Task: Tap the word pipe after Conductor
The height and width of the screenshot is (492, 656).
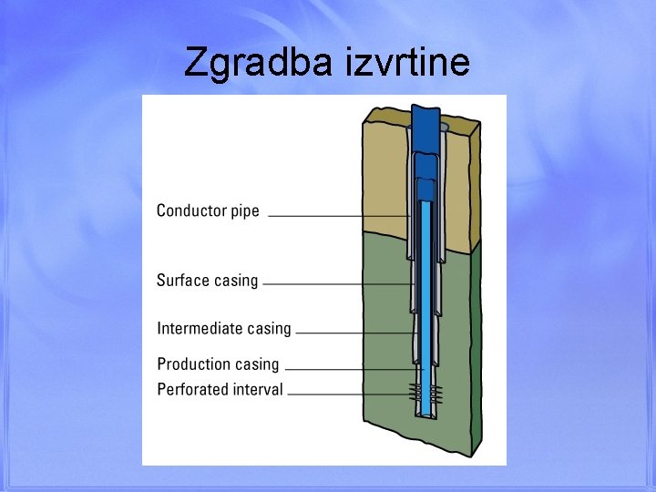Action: pos(243,211)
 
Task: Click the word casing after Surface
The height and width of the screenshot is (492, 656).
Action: pos(236,282)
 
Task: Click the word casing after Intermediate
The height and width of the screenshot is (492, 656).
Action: pos(270,329)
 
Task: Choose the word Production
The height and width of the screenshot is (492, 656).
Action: pos(194,364)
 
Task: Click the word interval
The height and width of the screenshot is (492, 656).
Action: pos(261,389)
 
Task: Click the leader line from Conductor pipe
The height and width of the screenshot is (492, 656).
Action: pos(337,216)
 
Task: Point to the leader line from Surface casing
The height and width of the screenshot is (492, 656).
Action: pos(337,284)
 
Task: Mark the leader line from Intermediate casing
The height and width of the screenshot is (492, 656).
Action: pos(355,333)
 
